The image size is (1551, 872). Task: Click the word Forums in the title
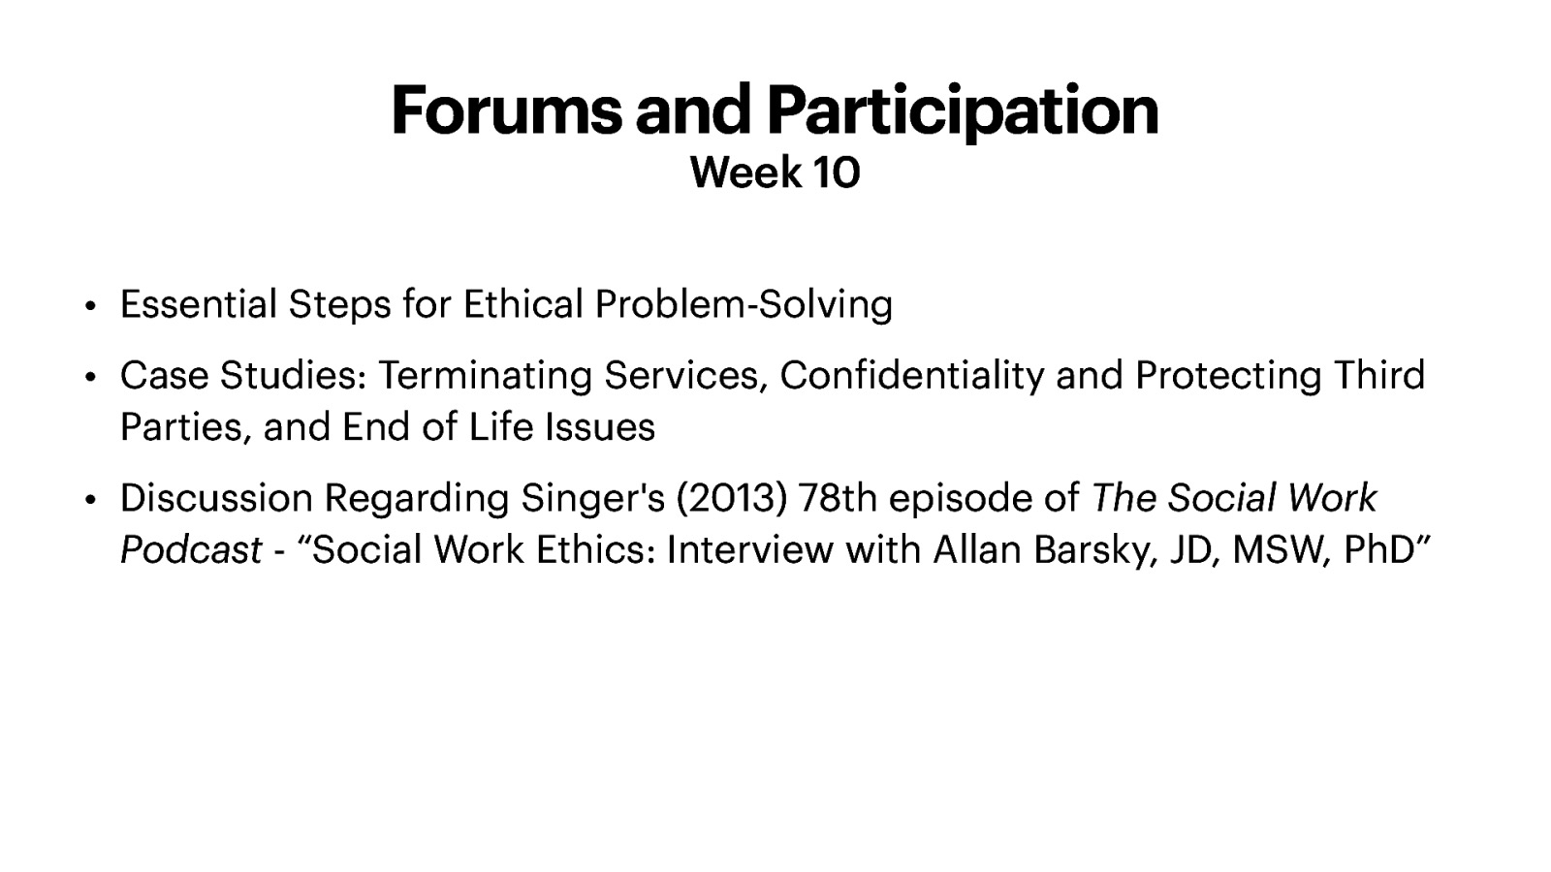tap(506, 110)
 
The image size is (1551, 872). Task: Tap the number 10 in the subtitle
tap(836, 173)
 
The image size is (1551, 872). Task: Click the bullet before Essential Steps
tap(90, 306)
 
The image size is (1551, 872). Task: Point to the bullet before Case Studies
tap(90, 377)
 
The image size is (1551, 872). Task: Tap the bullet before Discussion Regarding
tap(90, 500)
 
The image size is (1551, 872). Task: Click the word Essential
tap(198, 304)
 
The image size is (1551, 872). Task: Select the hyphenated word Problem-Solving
tap(743, 304)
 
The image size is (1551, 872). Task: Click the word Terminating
tap(485, 375)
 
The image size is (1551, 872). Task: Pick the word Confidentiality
tap(911, 375)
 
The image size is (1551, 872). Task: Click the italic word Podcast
tap(190, 550)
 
